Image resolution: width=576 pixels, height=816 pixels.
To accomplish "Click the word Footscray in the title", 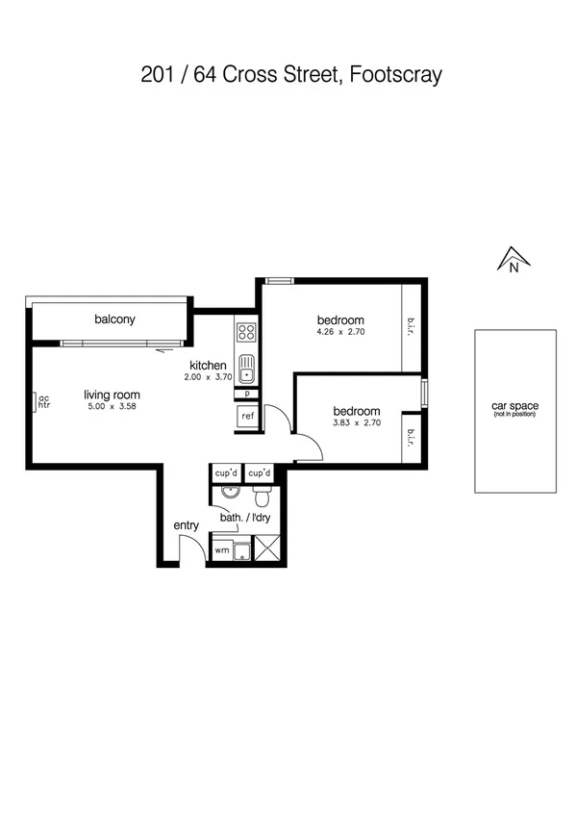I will coord(397,75).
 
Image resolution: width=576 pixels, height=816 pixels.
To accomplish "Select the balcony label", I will coord(114,319).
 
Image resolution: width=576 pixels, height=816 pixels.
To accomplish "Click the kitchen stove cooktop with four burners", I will coord(246,334).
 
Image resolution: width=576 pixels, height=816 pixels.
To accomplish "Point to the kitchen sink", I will coord(246,368).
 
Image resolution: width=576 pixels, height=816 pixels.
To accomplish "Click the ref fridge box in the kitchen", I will coord(247,416).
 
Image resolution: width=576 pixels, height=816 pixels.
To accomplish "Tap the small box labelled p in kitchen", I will coord(247,393).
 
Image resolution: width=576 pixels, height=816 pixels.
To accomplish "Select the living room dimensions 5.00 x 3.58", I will coord(112,407).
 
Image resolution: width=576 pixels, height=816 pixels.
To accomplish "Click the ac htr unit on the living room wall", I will coord(42,401).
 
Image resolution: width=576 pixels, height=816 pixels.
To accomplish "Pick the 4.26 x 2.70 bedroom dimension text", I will coord(340,332).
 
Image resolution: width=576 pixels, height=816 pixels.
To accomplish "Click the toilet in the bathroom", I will coord(260,496).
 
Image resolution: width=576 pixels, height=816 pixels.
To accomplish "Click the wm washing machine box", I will coord(221,550).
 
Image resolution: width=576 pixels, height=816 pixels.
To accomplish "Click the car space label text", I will coord(514,406).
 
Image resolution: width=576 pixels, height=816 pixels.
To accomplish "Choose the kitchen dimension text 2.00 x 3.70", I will coord(208,378).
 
